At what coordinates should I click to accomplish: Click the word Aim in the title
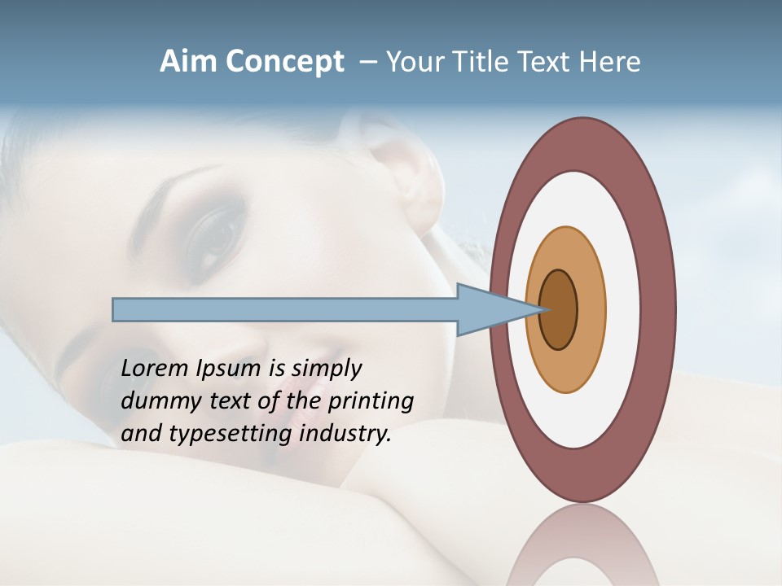click(x=189, y=62)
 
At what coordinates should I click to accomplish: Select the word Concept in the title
click(x=284, y=63)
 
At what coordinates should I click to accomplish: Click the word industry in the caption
click(x=345, y=435)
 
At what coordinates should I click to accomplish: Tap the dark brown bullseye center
click(x=559, y=310)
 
